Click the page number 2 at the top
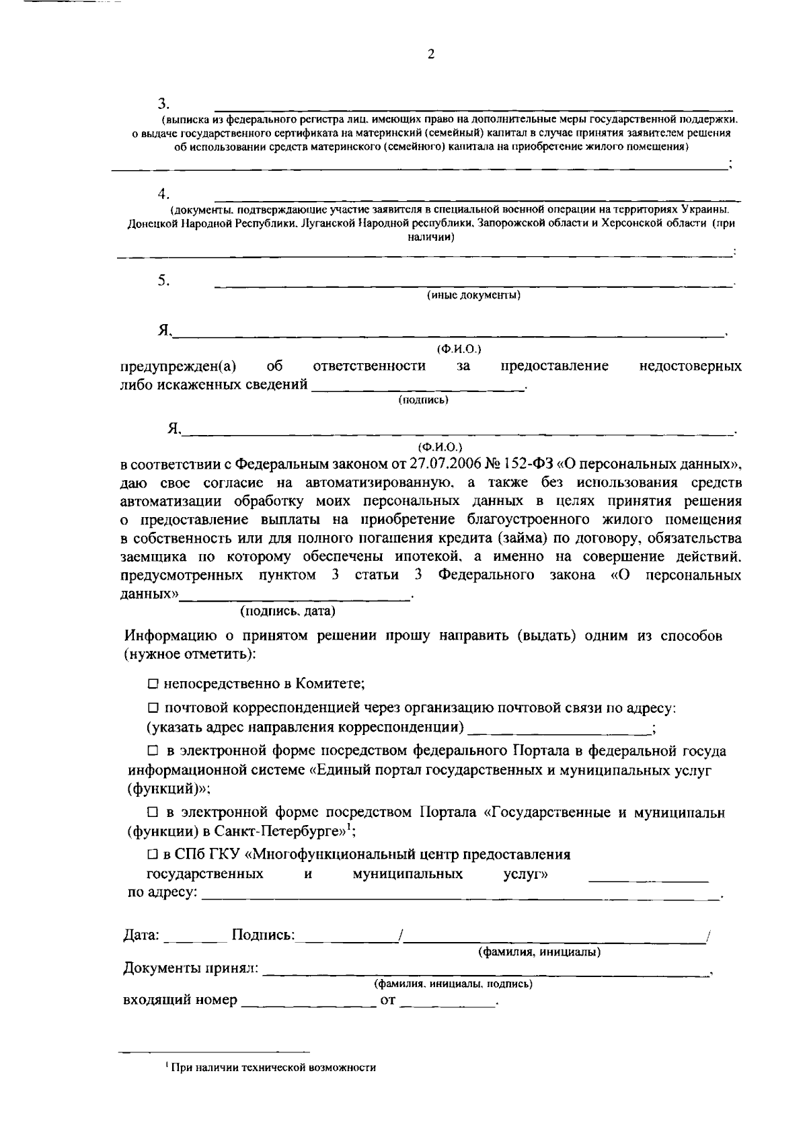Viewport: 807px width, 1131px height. pyautogui.click(x=431, y=55)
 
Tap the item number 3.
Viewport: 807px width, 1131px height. pyautogui.click(x=163, y=104)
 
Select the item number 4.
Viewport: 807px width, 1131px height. pyautogui.click(x=163, y=194)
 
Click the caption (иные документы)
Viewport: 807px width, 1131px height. pyautogui.click(x=474, y=295)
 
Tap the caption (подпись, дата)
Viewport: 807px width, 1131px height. pyautogui.click(x=288, y=611)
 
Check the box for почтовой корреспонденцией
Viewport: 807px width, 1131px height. pyautogui.click(x=153, y=708)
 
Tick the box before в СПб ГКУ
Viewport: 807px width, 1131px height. pyautogui.click(x=153, y=855)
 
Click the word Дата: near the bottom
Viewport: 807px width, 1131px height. pyautogui.click(x=141, y=935)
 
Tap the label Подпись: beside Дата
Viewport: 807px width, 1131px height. pyautogui.click(x=263, y=935)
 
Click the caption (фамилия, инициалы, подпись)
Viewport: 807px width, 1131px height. pyautogui.click(x=453, y=984)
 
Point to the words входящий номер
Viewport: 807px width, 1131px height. pyautogui.click(x=180, y=1000)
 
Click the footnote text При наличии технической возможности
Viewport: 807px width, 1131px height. pyautogui.click(x=273, y=1067)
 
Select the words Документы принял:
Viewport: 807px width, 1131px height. pyautogui.click(x=190, y=968)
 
